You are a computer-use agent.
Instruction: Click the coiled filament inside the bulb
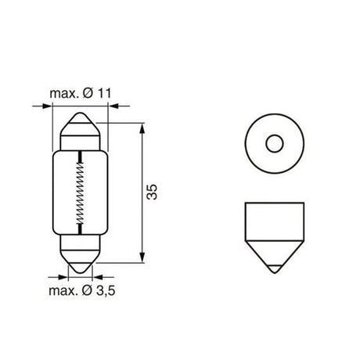pos(78,193)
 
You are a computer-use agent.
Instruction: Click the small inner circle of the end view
pos(273,144)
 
